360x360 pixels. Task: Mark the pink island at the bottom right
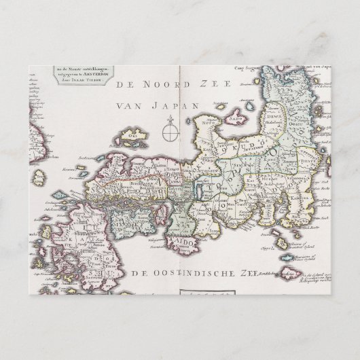(290, 274)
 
